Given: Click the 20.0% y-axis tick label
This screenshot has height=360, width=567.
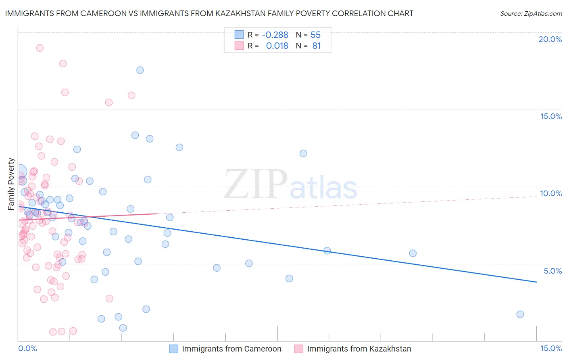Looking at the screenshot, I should point(550,39).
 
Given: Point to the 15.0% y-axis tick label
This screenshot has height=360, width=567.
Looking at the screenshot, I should point(551,116).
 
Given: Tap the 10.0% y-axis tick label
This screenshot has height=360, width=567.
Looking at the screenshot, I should point(551,193).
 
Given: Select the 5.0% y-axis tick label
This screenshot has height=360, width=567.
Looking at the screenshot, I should point(552,271).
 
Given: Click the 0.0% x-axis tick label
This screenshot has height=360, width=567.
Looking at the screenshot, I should point(27,348).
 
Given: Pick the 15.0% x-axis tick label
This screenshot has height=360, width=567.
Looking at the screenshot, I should point(551,348).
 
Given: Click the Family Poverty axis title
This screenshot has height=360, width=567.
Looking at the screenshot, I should point(11,184).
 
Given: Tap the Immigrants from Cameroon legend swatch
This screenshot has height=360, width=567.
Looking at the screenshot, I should point(173,349).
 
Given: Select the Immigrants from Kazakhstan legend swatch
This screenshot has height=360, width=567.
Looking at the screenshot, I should point(298,349).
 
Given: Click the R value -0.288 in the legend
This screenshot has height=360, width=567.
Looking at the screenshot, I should point(275,35).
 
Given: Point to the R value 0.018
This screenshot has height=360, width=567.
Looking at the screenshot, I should point(277,46).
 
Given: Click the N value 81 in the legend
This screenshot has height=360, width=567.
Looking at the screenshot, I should point(317,46).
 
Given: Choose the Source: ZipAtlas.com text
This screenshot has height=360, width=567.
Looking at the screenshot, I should point(531,14).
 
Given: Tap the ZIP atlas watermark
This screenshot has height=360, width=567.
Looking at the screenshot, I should point(290,184).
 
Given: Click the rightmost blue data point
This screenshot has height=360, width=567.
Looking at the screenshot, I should point(520,314).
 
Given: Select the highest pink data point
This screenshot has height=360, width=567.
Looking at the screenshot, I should point(40,48).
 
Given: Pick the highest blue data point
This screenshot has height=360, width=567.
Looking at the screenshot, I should point(140,70).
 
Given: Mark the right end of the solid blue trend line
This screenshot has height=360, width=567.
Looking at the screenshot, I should point(536,282).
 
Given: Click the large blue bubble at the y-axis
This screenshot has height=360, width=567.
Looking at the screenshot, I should point(20,172).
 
